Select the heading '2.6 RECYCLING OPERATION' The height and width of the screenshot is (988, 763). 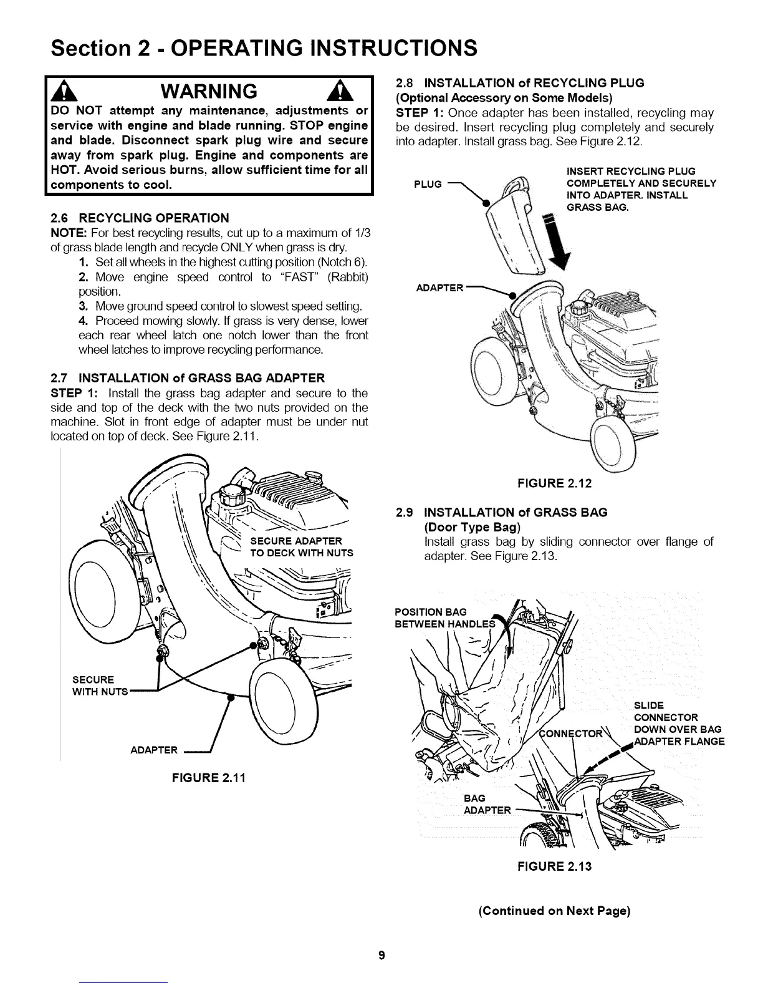(139, 218)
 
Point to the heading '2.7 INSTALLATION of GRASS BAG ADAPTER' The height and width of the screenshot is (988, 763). (187, 378)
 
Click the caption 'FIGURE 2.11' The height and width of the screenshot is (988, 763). (209, 778)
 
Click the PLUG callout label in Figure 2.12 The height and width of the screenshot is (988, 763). (428, 184)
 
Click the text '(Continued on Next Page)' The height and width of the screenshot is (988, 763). (555, 911)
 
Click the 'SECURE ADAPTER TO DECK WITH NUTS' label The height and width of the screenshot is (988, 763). (301, 546)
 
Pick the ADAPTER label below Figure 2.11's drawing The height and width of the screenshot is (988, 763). (155, 750)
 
